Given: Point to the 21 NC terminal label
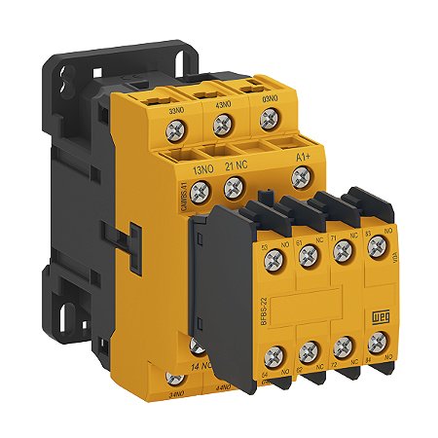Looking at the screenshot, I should pos(239,165).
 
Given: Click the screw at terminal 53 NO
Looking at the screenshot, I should pos(274,260).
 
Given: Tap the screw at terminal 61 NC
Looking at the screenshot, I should pos(310,255).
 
